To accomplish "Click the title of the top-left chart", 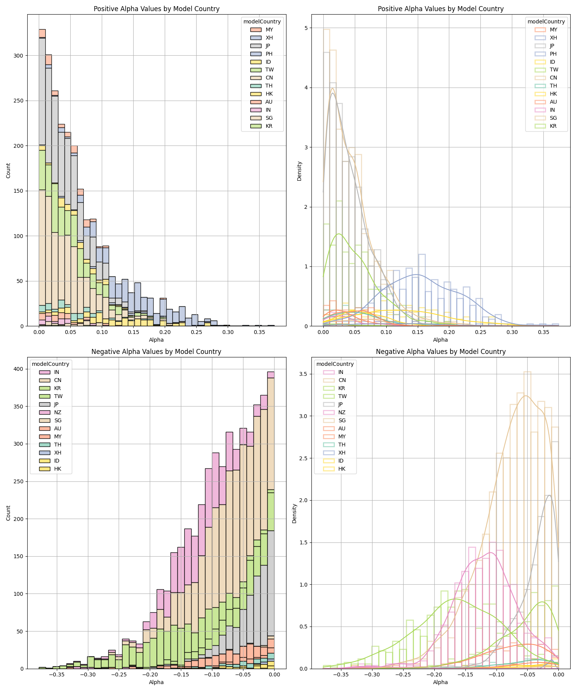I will point(156,9).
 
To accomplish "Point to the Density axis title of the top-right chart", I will point(300,171).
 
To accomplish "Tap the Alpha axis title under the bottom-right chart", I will point(440,682).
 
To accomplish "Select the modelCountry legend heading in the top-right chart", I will point(546,21).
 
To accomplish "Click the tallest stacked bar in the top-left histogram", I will point(42,177).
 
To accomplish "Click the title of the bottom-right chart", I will point(440,352).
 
